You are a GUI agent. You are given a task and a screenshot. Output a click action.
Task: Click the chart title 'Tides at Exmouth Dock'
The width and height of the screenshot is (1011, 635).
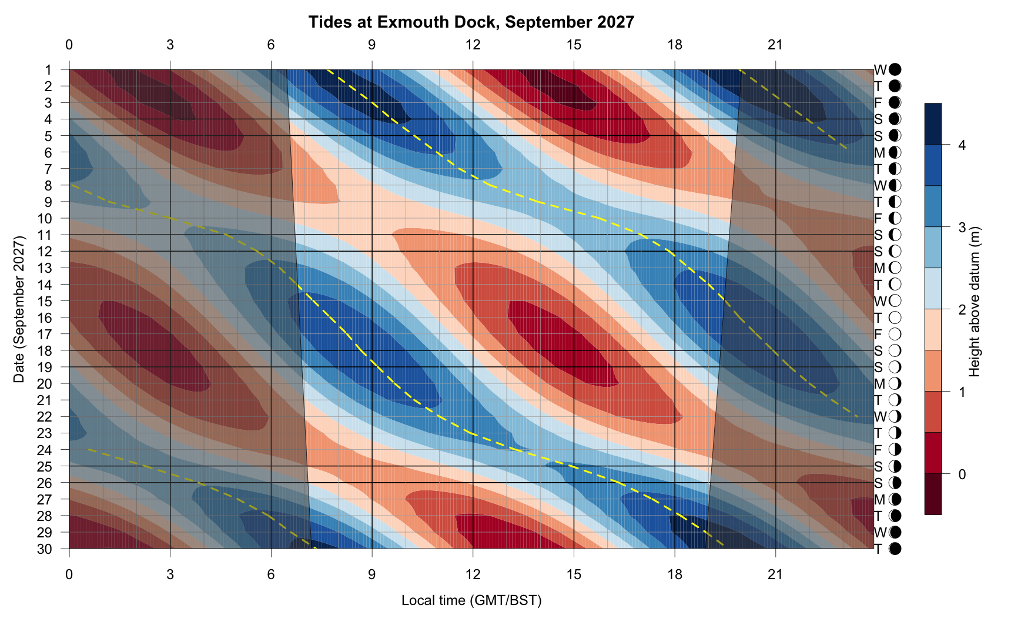[471, 22]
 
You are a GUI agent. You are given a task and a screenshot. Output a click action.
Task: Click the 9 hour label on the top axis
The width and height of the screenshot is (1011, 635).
[372, 45]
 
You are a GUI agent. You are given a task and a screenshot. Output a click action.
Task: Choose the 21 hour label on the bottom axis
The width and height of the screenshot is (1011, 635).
[776, 574]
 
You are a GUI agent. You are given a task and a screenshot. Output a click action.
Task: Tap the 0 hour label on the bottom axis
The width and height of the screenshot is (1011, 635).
[69, 574]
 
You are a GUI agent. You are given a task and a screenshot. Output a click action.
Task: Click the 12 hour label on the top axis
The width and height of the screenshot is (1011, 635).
[473, 45]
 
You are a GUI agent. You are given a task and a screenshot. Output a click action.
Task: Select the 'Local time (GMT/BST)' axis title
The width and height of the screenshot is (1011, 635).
[471, 600]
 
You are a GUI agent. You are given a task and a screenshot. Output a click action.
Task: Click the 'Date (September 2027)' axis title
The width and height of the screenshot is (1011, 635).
[19, 309]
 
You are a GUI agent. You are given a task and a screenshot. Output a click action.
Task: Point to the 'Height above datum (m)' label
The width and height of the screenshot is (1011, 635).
[975, 301]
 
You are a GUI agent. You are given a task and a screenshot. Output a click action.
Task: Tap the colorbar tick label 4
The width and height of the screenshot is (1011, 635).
[962, 145]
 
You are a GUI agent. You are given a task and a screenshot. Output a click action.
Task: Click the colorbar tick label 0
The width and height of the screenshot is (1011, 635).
[962, 474]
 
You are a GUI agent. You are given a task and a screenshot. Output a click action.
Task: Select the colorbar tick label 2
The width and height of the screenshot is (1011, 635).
[962, 309]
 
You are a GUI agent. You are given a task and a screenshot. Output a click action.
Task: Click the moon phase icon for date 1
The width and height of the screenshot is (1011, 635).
[895, 70]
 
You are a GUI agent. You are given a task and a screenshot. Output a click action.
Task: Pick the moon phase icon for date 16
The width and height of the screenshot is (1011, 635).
[895, 318]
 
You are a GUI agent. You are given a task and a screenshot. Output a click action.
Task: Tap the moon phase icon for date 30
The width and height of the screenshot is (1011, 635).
[895, 549]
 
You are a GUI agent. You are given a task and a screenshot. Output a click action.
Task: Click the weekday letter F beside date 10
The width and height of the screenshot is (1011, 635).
[878, 219]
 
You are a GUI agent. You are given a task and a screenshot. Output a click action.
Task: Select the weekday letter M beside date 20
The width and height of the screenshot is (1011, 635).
[879, 384]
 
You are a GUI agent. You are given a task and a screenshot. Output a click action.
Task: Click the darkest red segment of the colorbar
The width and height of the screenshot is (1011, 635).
[933, 494]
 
